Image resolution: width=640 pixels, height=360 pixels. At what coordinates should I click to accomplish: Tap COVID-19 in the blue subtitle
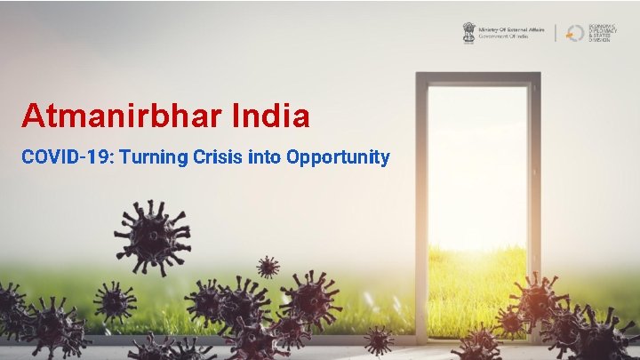66,157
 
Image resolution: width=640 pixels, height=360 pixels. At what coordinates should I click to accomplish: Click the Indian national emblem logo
468,33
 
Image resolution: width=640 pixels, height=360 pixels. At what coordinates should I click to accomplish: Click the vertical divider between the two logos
556,33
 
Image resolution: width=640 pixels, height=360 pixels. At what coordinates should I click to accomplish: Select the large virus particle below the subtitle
152,236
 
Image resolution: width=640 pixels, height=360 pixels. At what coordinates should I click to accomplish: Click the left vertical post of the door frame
421,204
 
